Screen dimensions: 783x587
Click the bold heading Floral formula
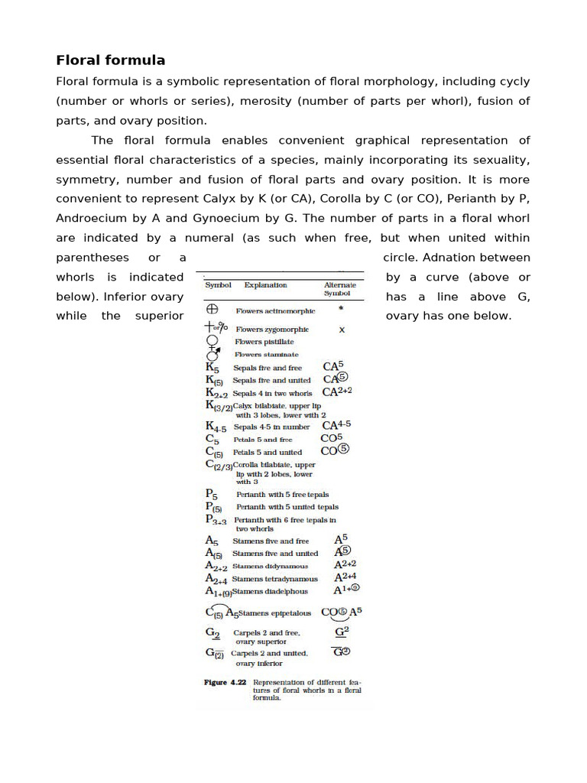(x=111, y=60)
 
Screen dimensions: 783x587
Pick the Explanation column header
(x=265, y=285)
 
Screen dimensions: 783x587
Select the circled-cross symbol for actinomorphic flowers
(x=212, y=310)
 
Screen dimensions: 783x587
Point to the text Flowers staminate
(x=267, y=355)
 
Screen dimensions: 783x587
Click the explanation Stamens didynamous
(x=270, y=567)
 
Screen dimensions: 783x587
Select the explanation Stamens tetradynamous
(x=274, y=579)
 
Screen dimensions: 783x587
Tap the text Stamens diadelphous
(x=269, y=591)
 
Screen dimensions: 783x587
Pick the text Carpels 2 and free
(x=267, y=633)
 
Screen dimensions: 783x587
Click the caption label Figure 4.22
(x=225, y=682)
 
